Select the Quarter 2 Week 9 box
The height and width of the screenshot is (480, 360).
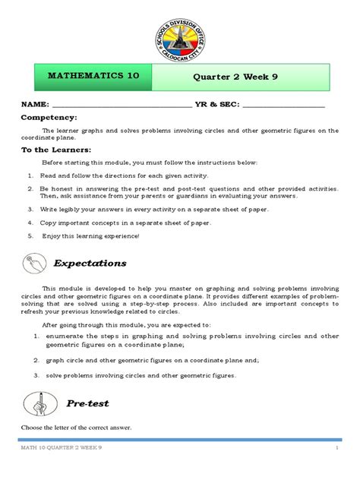[242, 77]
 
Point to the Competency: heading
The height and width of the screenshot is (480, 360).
[49, 118]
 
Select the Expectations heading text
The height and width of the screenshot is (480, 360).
[90, 263]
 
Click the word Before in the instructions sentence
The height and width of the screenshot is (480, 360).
[53, 163]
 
